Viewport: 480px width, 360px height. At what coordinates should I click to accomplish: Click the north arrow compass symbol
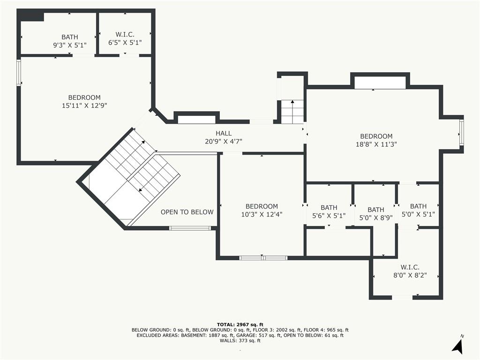(x=457, y=345)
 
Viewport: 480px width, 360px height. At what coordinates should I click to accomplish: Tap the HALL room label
(x=224, y=133)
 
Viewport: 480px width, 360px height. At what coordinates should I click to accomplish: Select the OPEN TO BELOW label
(x=187, y=212)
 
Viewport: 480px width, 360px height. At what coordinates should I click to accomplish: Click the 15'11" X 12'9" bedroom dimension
(x=84, y=105)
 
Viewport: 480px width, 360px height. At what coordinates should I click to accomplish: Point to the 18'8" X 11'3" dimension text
(x=376, y=144)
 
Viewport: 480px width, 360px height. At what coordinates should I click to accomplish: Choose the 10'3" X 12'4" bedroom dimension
(x=262, y=214)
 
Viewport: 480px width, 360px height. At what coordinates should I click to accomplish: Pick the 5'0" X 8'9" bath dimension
(x=376, y=217)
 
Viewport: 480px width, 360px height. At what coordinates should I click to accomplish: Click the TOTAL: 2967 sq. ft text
(x=240, y=324)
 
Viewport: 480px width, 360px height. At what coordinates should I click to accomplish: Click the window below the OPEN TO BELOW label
(x=190, y=228)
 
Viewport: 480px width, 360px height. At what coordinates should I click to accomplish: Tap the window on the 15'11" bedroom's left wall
(x=19, y=73)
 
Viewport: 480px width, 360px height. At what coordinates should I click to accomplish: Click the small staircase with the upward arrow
(x=292, y=112)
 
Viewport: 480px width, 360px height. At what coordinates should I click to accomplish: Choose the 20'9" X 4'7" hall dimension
(x=224, y=142)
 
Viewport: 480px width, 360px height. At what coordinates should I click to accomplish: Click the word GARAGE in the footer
(x=252, y=335)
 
